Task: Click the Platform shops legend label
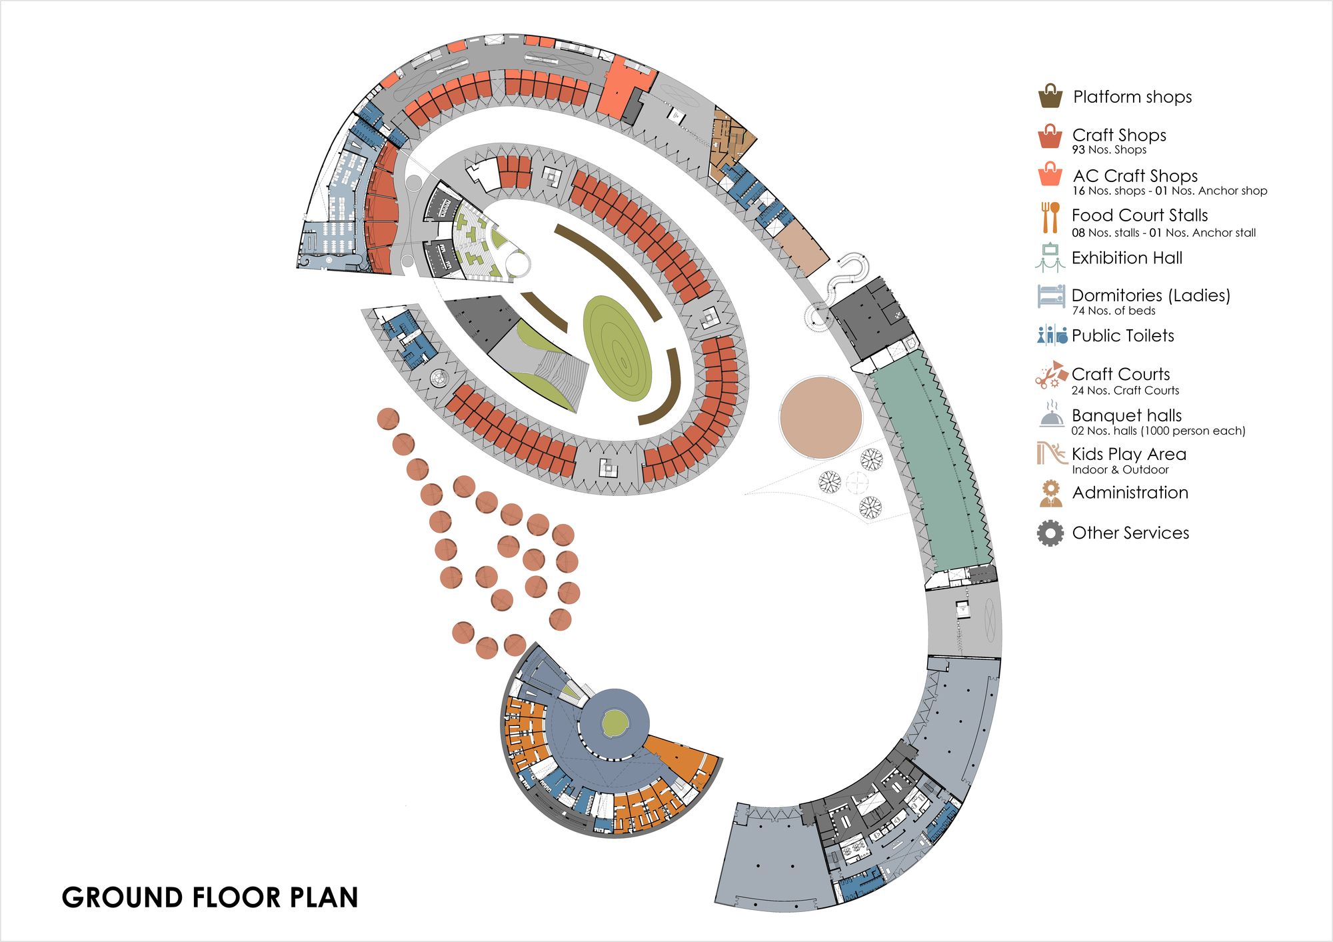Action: point(1132,97)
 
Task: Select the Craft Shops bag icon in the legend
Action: point(1050,136)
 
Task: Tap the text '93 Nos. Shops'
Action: point(1109,150)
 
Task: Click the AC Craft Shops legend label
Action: point(1135,176)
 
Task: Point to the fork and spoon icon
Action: point(1050,217)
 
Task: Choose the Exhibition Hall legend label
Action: point(1127,258)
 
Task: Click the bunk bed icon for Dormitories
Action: point(1051,296)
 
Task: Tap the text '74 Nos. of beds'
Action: point(1114,311)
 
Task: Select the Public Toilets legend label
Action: point(1123,335)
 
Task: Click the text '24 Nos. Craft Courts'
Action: point(1125,391)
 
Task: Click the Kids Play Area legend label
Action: point(1129,454)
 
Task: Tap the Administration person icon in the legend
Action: point(1051,493)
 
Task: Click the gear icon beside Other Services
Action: point(1050,533)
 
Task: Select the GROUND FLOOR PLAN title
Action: point(210,897)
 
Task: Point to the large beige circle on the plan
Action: point(820,417)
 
